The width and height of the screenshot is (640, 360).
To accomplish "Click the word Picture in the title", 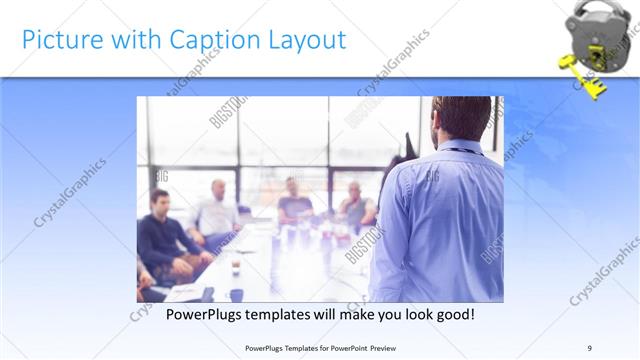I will click(59, 40).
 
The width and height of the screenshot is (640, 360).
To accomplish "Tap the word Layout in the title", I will click(304, 40).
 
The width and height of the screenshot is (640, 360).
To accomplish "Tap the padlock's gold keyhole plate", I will click(596, 44).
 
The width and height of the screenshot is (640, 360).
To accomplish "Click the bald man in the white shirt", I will click(215, 210).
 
